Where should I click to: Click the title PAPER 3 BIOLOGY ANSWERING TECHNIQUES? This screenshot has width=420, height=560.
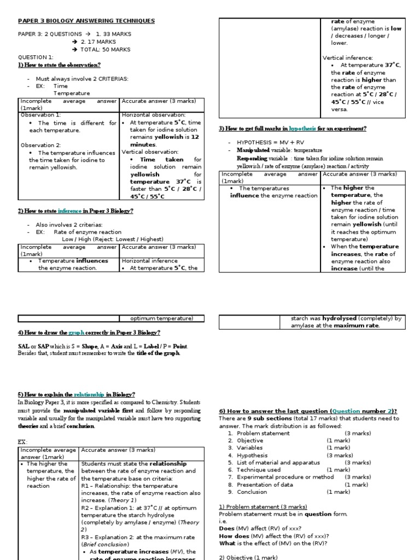click(86, 21)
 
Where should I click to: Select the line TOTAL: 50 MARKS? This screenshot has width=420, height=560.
click(106, 49)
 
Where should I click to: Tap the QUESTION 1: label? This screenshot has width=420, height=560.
click(36, 57)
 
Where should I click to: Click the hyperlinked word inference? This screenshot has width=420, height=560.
click(68, 211)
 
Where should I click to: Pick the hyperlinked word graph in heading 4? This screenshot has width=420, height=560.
click(77, 332)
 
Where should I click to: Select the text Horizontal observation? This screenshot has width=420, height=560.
click(154, 115)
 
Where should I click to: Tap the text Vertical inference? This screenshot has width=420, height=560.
click(348, 57)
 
